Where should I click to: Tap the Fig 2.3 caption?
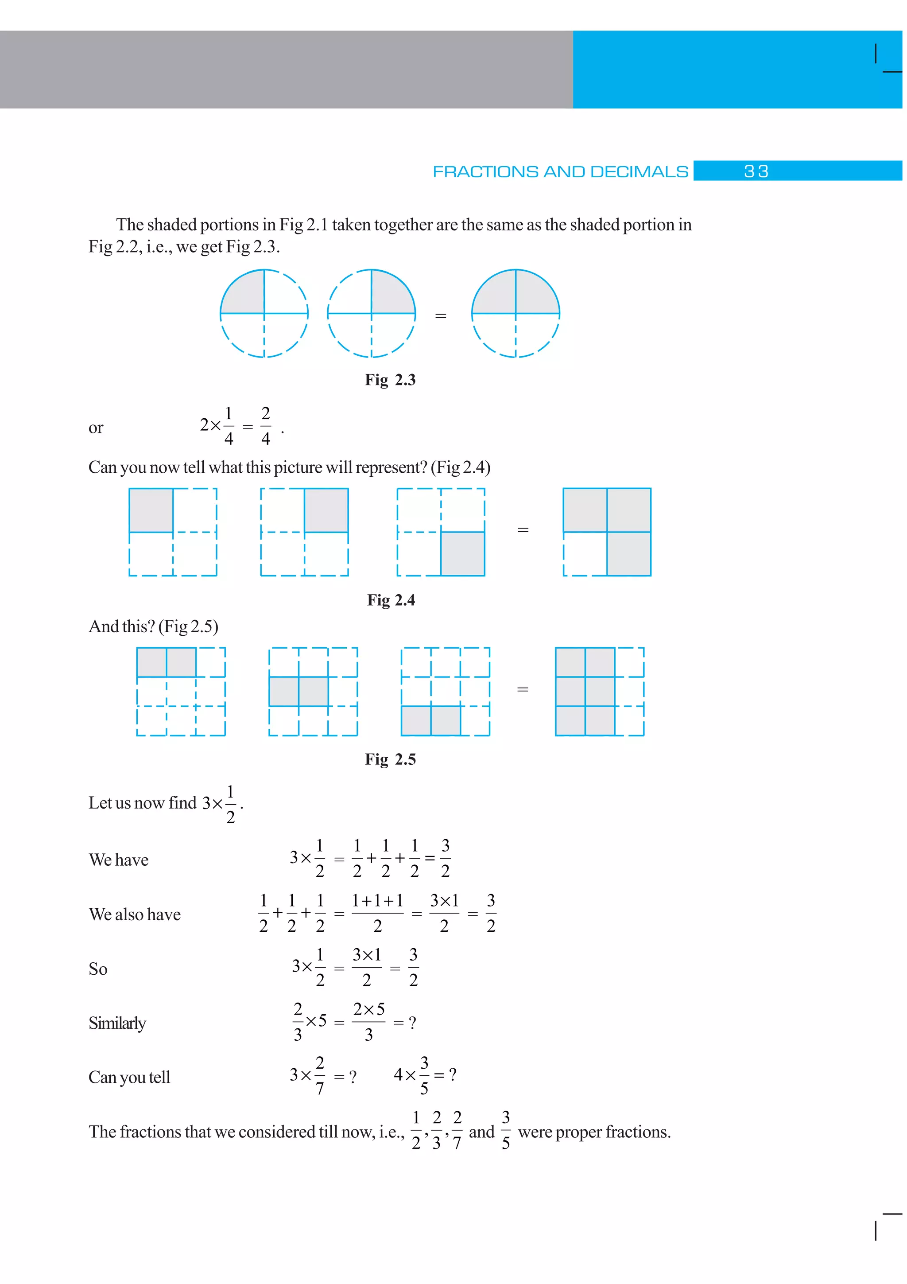pos(390,380)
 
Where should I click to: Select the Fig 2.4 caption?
pos(391,600)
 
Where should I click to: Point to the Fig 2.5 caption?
pos(390,759)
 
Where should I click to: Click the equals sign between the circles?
pos(440,316)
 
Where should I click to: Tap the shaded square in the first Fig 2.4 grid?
pos(151,510)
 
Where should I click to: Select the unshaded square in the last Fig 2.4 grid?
pos(585,554)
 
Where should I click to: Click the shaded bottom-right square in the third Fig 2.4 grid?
pos(463,554)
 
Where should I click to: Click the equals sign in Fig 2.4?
pos(523,529)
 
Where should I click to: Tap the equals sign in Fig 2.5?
pos(523,689)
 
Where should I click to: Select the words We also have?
pos(135,914)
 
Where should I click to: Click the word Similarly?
pos(117,1023)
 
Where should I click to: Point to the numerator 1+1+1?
pos(377,900)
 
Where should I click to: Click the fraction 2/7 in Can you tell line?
pos(320,1075)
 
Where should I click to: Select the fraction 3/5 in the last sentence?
pos(506,1130)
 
